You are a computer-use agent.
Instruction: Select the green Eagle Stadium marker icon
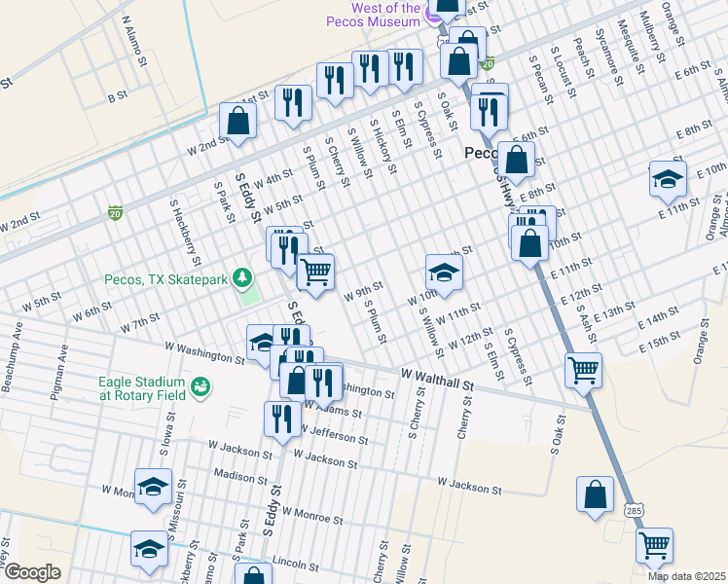[201, 388]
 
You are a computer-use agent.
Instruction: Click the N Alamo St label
[134, 40]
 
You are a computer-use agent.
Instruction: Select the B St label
[118, 96]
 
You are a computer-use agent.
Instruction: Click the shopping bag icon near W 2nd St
[238, 123]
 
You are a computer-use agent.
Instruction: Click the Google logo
[32, 572]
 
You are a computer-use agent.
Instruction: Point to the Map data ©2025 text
[686, 576]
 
